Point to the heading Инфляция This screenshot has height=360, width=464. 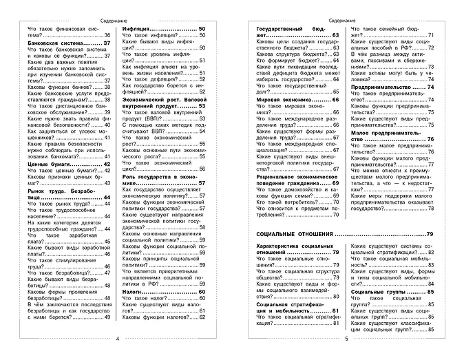tap(138, 28)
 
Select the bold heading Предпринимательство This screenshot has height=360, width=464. tap(382, 87)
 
